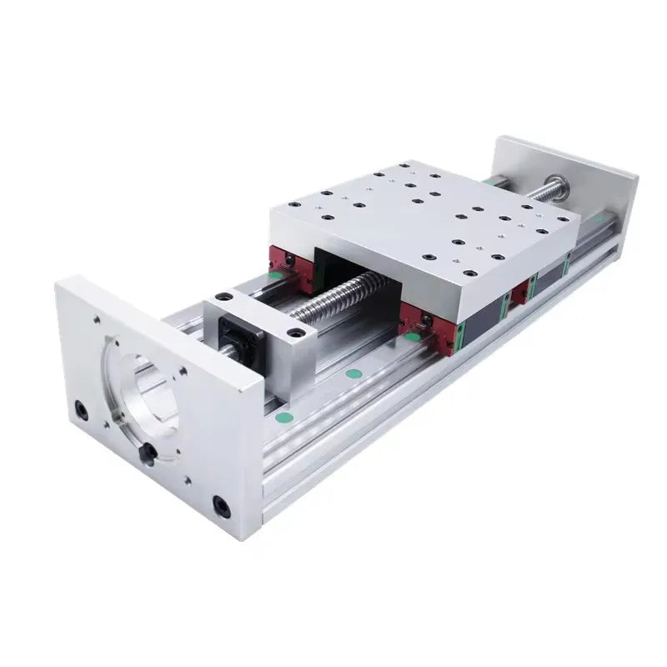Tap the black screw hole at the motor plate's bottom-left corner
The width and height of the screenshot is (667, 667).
coord(80,409)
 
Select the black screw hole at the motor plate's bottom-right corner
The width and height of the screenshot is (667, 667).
coord(221,505)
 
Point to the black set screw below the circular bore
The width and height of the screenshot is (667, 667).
coord(148,452)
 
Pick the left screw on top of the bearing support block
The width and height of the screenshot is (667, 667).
coord(221,296)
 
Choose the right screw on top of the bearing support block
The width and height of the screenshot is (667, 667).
coord(293,333)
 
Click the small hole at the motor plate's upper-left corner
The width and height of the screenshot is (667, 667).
coord(97,318)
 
